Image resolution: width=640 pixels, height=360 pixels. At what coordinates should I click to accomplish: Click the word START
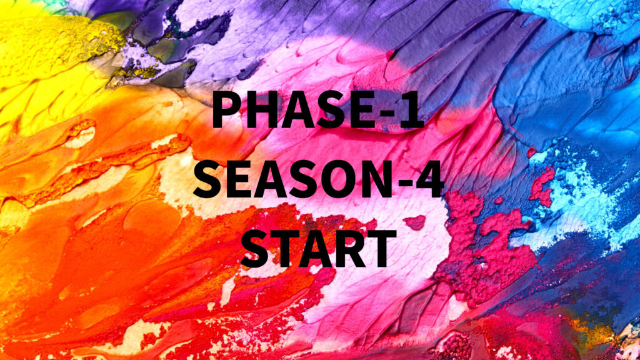319,248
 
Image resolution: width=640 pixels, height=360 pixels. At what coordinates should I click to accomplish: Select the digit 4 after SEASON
430,179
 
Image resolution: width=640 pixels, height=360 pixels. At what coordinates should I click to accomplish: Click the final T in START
381,248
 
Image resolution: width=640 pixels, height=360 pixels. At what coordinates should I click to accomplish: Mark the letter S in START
255,248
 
